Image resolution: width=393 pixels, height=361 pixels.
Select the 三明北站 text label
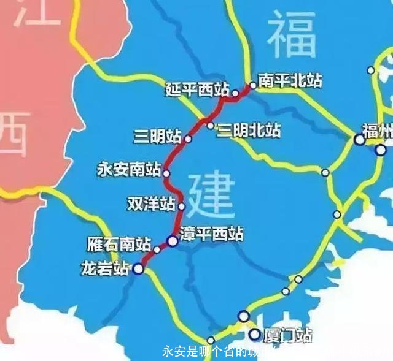(249, 131)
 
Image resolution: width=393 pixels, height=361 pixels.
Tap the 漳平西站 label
(212, 234)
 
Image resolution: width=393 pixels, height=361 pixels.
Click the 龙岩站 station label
(106, 268)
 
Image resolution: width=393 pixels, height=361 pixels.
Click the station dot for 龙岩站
(139, 268)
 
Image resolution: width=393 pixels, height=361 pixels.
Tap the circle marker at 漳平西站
(173, 241)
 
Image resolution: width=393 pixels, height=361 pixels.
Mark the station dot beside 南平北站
(252, 85)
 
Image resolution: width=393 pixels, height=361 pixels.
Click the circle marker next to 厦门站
(254, 334)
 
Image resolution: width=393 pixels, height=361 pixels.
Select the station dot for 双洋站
(181, 207)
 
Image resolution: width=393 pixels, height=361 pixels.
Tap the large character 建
(210, 193)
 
